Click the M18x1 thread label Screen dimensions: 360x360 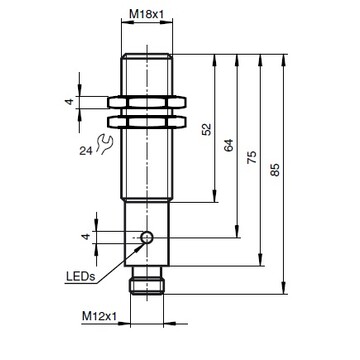[148, 15]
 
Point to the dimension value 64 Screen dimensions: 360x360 [230, 147]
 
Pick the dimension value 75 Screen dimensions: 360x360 [253, 159]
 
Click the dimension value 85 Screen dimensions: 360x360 [277, 170]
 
